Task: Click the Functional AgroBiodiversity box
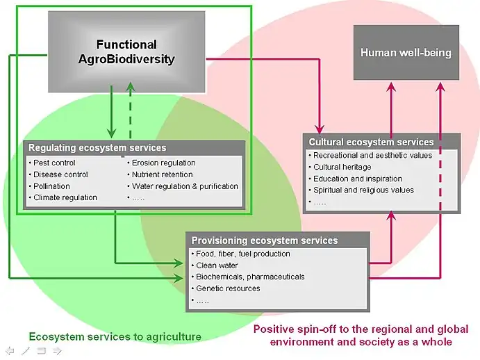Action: click(126, 52)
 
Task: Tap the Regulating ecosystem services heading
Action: click(97, 148)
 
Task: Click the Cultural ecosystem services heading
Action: click(371, 142)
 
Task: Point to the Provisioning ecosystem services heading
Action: click(265, 240)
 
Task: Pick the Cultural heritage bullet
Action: click(342, 167)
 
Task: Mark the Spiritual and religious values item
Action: click(363, 190)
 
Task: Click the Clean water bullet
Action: click(217, 265)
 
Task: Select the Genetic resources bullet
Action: click(228, 288)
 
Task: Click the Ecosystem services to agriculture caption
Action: click(115, 337)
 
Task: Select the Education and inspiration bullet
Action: click(358, 179)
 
